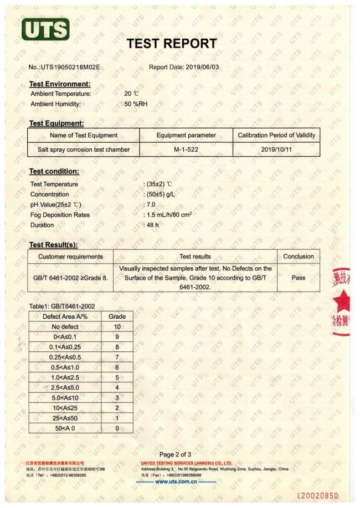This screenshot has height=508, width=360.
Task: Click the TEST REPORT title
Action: [x=172, y=44]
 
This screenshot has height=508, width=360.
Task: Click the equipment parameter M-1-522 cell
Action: [x=186, y=149]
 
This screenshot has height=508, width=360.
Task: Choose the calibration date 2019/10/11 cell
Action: [x=276, y=149]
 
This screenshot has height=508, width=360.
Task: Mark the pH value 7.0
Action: [x=151, y=205]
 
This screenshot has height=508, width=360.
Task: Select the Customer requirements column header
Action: [x=70, y=257]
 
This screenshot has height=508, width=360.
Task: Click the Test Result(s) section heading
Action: [x=53, y=245]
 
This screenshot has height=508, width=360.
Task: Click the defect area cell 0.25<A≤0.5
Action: [x=65, y=357]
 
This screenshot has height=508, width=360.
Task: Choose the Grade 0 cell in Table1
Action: [x=117, y=428]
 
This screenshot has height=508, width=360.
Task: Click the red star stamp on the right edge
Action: [x=343, y=302]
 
